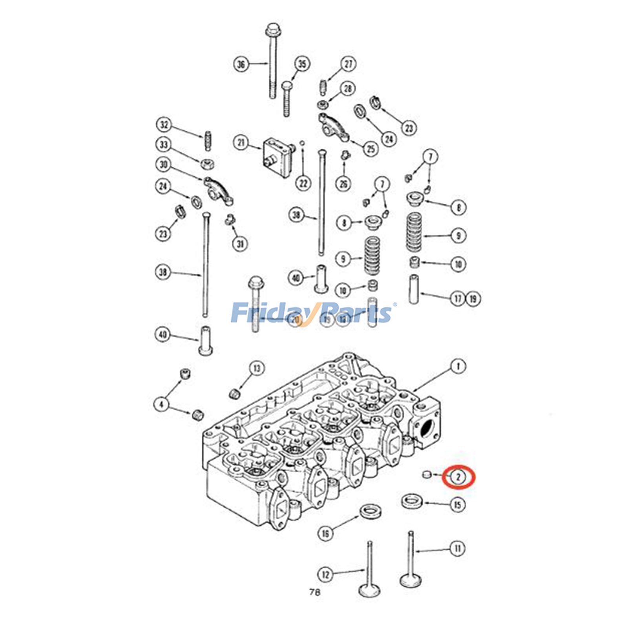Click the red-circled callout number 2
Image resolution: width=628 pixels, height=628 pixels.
click(458, 477)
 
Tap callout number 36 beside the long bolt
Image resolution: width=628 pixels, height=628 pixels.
click(241, 64)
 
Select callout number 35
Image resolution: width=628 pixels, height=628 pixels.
click(302, 64)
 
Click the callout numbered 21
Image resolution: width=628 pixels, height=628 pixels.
click(241, 142)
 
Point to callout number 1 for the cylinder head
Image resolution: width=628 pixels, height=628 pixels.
click(458, 367)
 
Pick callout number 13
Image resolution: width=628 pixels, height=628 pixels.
click(257, 368)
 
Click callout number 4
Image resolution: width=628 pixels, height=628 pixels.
click(161, 404)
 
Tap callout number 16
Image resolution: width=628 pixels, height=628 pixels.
click(325, 533)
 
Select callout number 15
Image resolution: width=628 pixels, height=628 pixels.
click(458, 505)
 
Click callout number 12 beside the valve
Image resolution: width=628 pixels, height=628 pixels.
click(325, 575)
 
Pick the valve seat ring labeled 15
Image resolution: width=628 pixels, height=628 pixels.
click(412, 501)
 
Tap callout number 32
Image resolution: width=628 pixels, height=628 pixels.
click(164, 125)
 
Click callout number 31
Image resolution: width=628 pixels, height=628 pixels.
click(240, 244)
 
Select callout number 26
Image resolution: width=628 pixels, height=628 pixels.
click(344, 183)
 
